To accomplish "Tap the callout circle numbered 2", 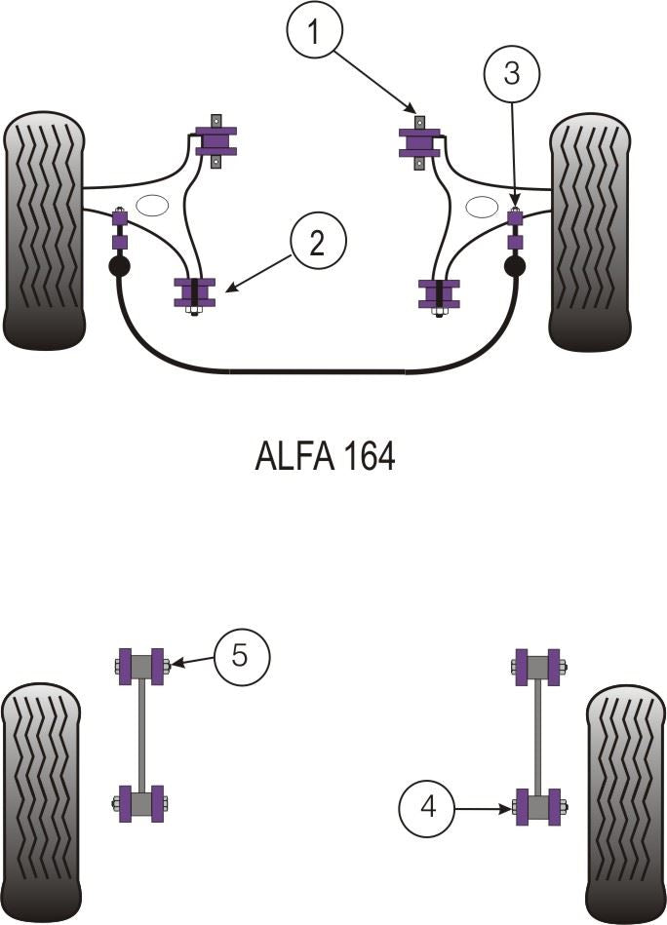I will pyautogui.click(x=317, y=243).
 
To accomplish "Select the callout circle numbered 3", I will pyautogui.click(x=513, y=72).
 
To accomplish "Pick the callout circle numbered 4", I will pyautogui.click(x=428, y=808).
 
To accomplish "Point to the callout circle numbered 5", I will pyautogui.click(x=240, y=656).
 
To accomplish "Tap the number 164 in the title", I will pyautogui.click(x=370, y=456).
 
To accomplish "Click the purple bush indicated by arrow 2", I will pyautogui.click(x=194, y=293).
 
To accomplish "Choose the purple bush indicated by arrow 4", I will pyautogui.click(x=538, y=806).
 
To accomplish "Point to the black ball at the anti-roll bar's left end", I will pyautogui.click(x=119, y=266).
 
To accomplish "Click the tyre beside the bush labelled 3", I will pyautogui.click(x=589, y=232).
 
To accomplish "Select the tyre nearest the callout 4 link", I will pyautogui.click(x=625, y=804).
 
